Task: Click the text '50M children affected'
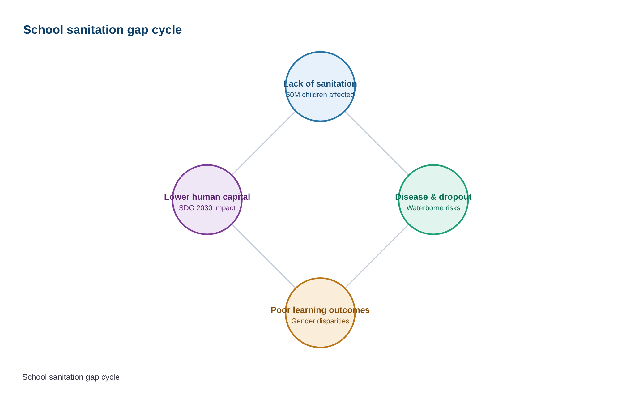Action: coord(320,95)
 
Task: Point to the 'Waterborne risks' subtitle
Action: coord(433,208)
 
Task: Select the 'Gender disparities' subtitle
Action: coord(320,321)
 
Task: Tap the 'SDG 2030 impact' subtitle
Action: coord(207,208)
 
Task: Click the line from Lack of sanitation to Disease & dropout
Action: coord(377,143)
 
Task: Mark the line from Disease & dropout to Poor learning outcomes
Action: coord(377,256)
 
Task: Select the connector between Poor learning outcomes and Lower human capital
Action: coord(264,256)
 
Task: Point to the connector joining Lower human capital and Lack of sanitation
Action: coord(264,143)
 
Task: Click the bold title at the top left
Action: coord(102,30)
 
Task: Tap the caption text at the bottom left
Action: coord(71,377)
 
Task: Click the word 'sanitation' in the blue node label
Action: coord(339,84)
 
